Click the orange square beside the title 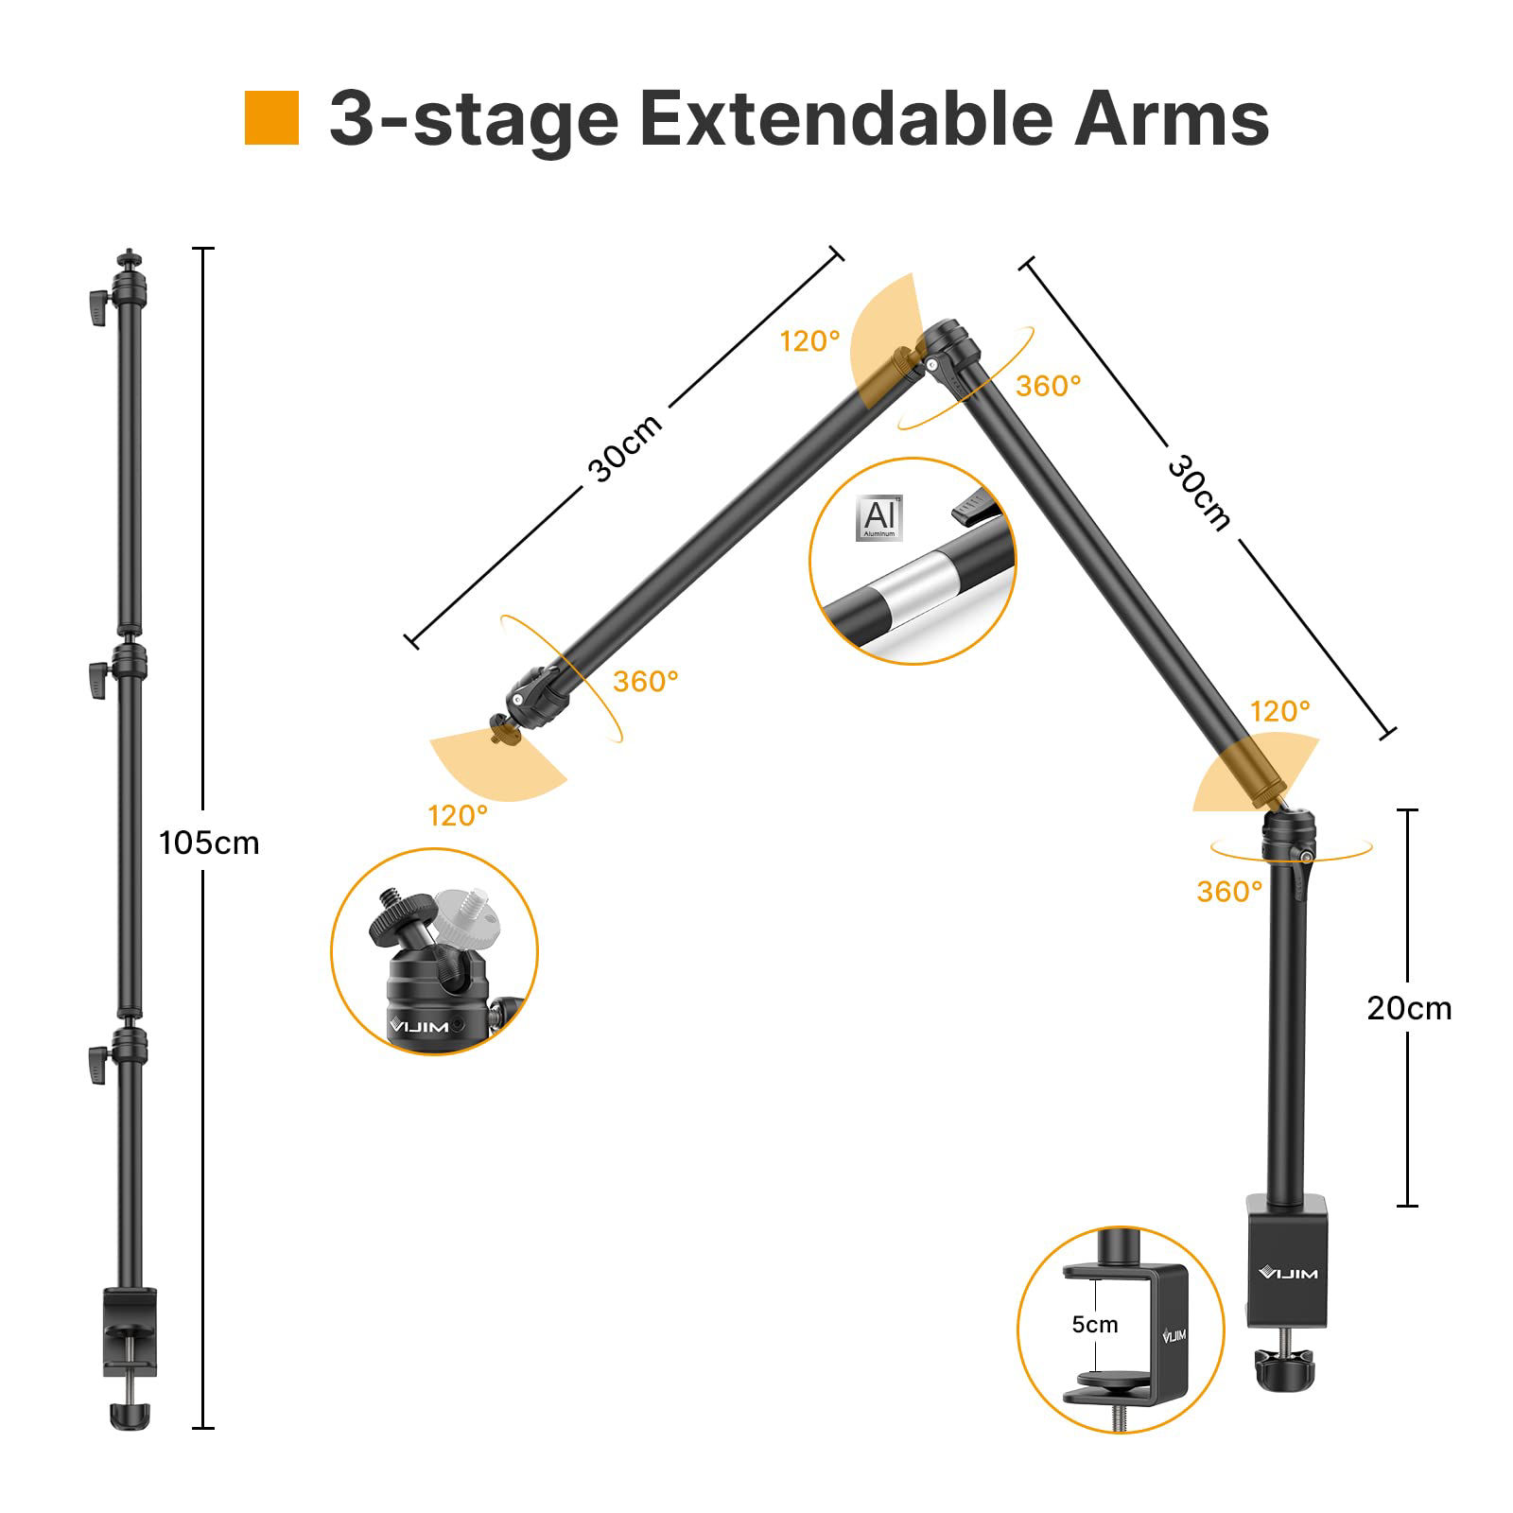[271, 118]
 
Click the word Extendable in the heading [845, 119]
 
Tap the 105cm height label [209, 843]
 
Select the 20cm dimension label [1408, 1008]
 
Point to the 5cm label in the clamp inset [1094, 1325]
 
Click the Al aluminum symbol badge [878, 517]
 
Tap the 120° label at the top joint [809, 341]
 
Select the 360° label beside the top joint [1049, 386]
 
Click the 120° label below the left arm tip [458, 815]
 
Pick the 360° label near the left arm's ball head [646, 681]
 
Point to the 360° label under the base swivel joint [1229, 891]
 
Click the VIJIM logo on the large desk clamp [1288, 1273]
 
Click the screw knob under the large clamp [1287, 1365]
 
